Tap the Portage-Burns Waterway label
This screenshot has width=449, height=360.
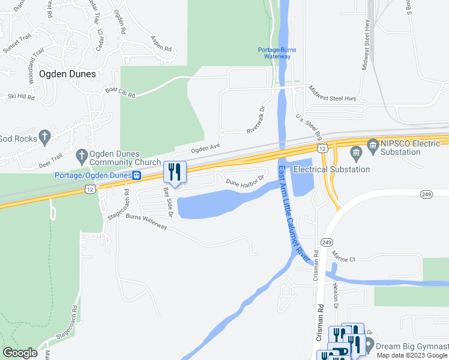[x=277, y=53]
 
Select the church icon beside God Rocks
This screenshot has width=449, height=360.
[x=44, y=137]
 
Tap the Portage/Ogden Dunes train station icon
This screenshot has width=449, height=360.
[x=137, y=175]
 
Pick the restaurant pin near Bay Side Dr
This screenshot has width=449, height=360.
[x=175, y=172]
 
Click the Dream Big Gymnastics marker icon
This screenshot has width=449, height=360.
[x=369, y=345]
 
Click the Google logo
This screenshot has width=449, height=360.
[x=20, y=353]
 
